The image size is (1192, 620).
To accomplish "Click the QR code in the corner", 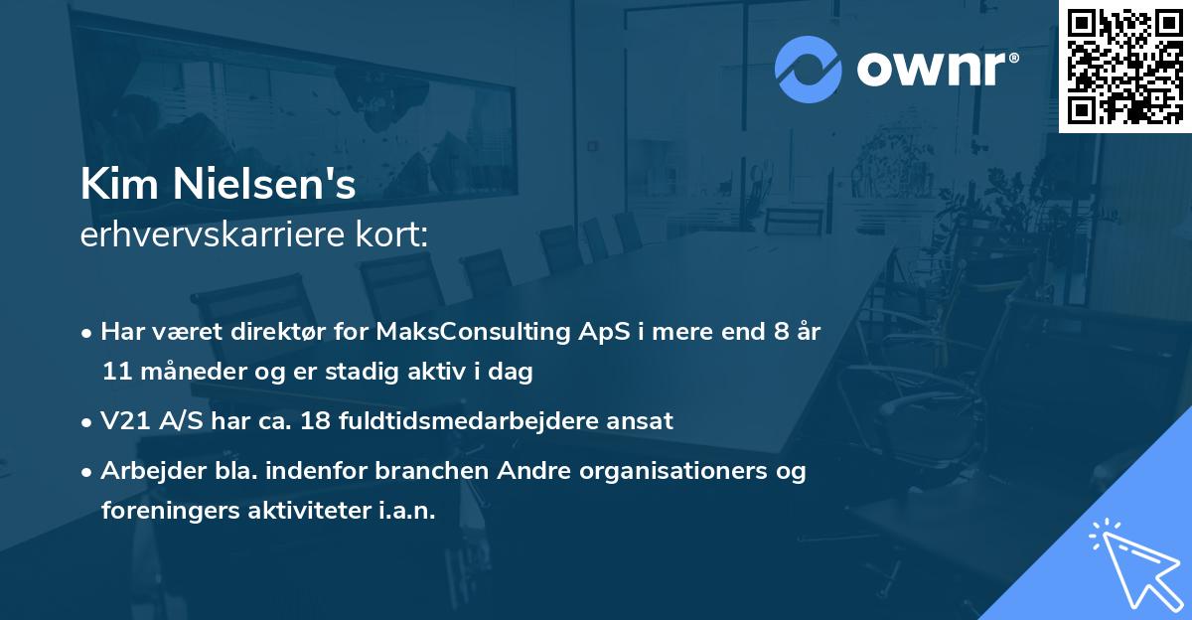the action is [1124, 66].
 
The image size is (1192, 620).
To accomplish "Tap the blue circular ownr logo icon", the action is [808, 70].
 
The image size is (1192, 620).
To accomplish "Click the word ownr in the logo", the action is [932, 70].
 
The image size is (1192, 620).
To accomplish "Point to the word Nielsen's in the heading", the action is [264, 184].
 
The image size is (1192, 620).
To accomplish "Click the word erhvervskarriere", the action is [213, 234].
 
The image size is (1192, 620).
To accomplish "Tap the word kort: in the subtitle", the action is [392, 234].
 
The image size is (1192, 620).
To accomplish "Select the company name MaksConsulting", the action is [473, 332].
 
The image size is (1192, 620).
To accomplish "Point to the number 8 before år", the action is [782, 332].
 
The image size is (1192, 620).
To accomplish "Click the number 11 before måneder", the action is [117, 372].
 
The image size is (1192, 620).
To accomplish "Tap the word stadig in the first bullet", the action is [362, 372].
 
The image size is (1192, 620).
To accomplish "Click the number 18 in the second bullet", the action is [316, 421].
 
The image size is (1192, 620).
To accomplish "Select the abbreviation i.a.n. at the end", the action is [407, 511].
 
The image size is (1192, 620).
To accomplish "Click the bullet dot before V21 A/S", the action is [86, 423].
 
